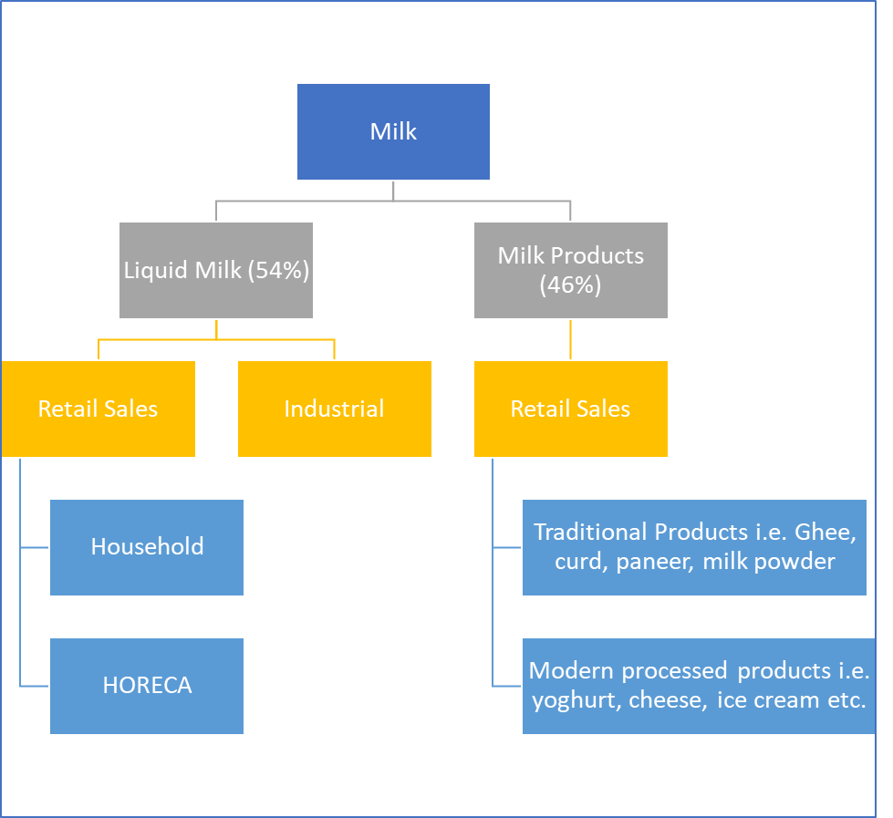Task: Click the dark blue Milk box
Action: (393, 131)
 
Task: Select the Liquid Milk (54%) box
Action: (216, 270)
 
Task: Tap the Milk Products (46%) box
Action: (571, 270)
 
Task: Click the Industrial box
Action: (335, 409)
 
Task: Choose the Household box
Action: (147, 547)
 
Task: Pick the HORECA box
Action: (147, 686)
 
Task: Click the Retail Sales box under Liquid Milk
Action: (98, 409)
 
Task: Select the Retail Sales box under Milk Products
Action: (571, 409)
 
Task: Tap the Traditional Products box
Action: (694, 547)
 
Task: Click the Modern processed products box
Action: (699, 686)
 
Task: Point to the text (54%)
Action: (278, 271)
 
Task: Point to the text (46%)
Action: (570, 285)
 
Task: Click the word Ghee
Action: (825, 533)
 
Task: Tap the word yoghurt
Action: (576, 700)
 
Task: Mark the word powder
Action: (803, 563)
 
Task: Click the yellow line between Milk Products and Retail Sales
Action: (570, 339)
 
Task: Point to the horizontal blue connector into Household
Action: (35, 547)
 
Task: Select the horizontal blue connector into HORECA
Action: (35, 686)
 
